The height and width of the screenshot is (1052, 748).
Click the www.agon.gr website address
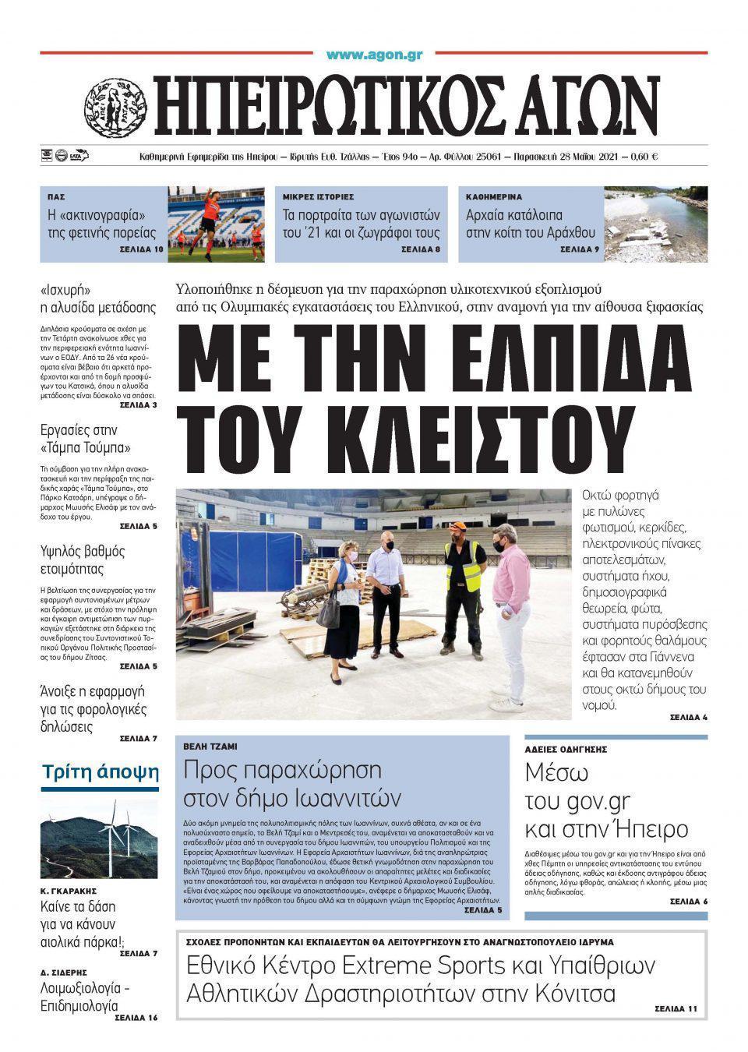374,55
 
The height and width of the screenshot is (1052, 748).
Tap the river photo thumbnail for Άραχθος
657,223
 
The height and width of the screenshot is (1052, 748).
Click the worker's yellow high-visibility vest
463,567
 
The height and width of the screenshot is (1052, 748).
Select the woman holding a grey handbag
340,600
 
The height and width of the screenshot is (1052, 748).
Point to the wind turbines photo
99,836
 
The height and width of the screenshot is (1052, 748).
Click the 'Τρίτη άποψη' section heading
100,772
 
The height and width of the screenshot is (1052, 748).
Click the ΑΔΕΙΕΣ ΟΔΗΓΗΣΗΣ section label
566,749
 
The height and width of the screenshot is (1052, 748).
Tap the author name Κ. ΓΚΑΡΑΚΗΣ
69,890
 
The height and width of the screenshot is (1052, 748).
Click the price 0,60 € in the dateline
641,157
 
